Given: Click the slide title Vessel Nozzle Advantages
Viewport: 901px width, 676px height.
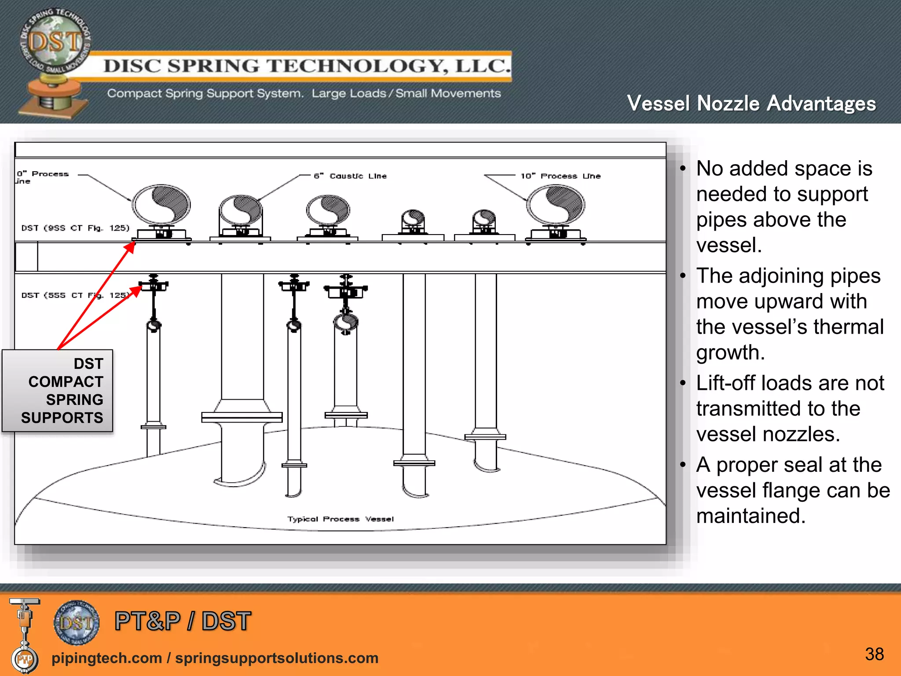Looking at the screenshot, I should pyautogui.click(x=751, y=104).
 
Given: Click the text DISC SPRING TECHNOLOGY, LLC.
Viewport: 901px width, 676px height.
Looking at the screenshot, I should pyautogui.click(x=307, y=66).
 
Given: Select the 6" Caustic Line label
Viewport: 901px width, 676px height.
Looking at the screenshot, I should pyautogui.click(x=350, y=176).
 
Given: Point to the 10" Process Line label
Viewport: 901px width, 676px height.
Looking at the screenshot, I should pyautogui.click(x=560, y=176).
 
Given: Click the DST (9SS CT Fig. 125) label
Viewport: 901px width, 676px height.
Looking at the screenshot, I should pyautogui.click(x=75, y=228).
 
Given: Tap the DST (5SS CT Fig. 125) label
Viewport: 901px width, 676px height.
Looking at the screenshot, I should pyautogui.click(x=75, y=295).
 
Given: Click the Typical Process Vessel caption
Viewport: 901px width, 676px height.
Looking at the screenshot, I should pyautogui.click(x=341, y=519).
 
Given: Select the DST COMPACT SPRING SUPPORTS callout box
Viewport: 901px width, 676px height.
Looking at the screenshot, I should pyautogui.click(x=58, y=391).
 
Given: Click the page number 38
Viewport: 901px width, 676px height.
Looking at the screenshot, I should pyautogui.click(x=874, y=654).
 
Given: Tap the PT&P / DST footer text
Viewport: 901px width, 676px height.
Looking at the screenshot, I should pyautogui.click(x=183, y=621).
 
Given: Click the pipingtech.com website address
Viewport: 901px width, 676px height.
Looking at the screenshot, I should pyautogui.click(x=106, y=658).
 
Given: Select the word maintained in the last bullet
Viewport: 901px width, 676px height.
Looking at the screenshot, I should pyautogui.click(x=751, y=516).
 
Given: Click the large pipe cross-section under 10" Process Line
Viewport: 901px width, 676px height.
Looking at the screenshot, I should pyautogui.click(x=556, y=205).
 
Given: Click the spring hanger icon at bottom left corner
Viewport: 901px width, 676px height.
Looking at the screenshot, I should pyautogui.click(x=24, y=634).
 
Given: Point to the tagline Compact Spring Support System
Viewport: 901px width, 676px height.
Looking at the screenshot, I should pyautogui.click(x=205, y=93).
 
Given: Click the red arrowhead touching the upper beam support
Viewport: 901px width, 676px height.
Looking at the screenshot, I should pyautogui.click(x=130, y=247).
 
